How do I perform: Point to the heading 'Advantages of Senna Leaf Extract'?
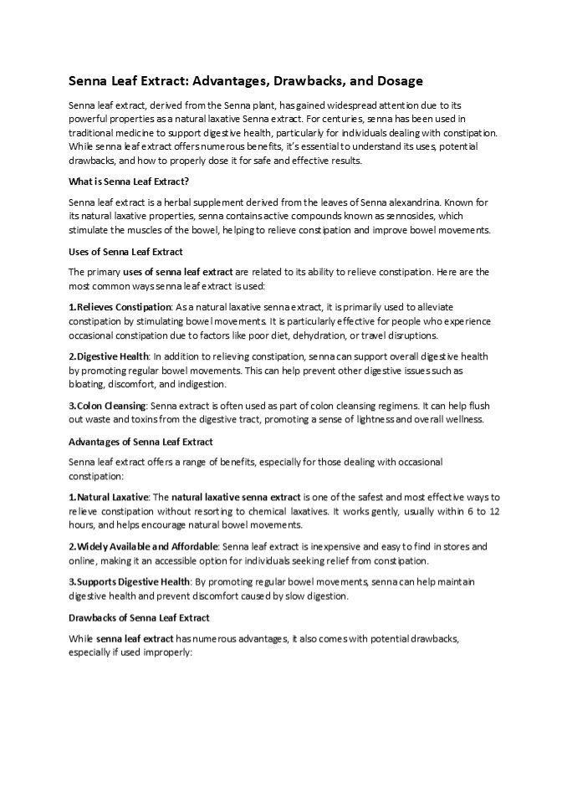pyautogui.click(x=140, y=441)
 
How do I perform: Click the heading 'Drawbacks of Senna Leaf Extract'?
pyautogui.click(x=138, y=617)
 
